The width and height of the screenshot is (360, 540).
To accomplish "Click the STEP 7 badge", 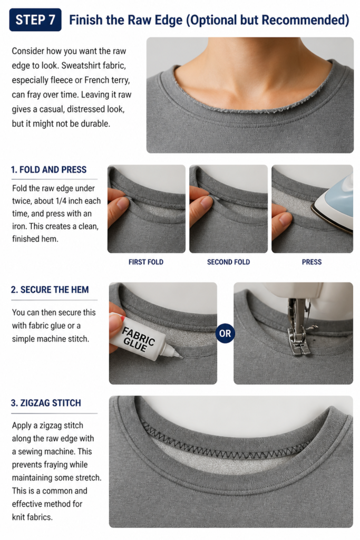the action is (35, 20).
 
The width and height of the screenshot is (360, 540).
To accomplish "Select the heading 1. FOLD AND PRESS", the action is (48, 169).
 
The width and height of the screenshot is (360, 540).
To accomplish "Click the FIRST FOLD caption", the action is (146, 262).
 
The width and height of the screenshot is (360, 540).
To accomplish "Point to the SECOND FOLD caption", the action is (229, 262).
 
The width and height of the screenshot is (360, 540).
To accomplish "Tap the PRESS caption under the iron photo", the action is (312, 262).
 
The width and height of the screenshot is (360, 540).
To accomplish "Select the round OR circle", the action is (225, 333).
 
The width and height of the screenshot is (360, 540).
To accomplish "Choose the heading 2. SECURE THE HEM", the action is (50, 290).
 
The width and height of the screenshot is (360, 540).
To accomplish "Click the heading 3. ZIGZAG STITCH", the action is (46, 403).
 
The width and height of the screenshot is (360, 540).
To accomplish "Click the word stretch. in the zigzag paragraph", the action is (89, 478).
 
